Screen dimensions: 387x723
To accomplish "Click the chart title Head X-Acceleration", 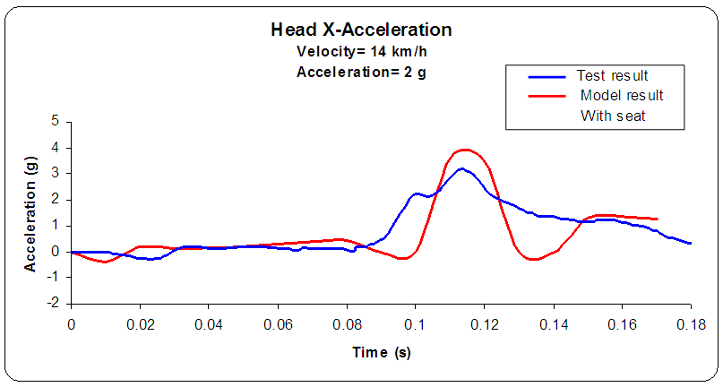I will tap(361, 30).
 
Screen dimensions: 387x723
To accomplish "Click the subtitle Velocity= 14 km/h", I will tap(361, 51).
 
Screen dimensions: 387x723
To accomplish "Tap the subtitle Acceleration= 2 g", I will tap(361, 73).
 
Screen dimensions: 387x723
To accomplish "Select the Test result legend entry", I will tap(614, 75).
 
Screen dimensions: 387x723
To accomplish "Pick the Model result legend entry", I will tap(621, 95).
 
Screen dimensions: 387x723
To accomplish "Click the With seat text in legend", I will tap(614, 115).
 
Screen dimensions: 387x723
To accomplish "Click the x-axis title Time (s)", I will tap(381, 352).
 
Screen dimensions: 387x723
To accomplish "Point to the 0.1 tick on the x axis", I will tap(415, 322).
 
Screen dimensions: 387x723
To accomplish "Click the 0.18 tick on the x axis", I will tap(691, 322).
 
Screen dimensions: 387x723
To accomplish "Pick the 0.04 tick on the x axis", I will tap(209, 322).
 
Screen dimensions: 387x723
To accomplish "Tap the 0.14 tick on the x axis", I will tap(553, 322).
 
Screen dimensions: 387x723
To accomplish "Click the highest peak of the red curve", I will tap(464, 150).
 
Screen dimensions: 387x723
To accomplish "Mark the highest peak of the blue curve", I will tap(460, 168).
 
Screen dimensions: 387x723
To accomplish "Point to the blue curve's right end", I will tap(691, 243).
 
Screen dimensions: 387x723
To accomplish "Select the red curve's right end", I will tap(658, 219).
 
